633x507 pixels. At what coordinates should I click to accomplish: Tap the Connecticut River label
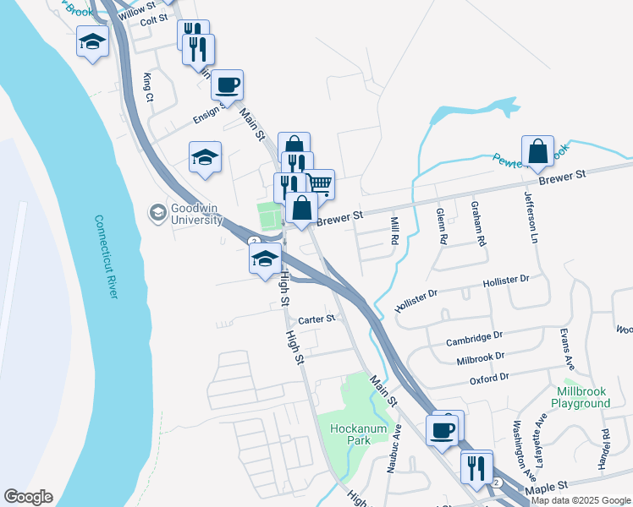pos(107,256)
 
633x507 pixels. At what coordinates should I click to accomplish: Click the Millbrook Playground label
pos(584,397)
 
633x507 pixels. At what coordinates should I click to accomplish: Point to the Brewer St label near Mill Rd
pos(339,217)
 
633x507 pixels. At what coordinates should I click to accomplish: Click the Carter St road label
pos(317,319)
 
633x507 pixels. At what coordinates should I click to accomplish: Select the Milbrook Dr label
pos(480,357)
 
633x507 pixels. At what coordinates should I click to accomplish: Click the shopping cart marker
pos(318,183)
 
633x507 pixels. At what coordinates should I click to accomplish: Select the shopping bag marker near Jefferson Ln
pos(537,151)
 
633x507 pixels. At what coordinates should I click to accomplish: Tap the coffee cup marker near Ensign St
pos(228,84)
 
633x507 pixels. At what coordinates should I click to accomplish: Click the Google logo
pos(28,497)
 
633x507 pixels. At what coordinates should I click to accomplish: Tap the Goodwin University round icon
pos(157,213)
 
